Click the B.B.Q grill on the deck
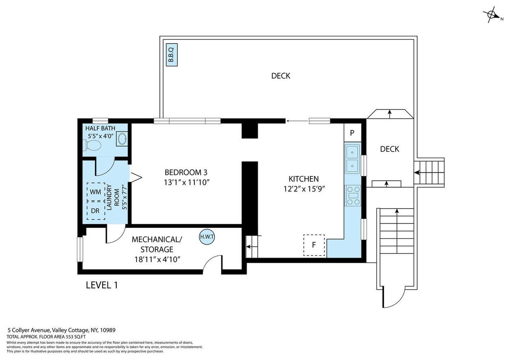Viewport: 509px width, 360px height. [172, 55]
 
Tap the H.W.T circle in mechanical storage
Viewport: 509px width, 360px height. [207, 237]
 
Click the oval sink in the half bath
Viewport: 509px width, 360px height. [122, 139]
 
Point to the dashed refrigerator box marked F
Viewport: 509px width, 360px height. [314, 245]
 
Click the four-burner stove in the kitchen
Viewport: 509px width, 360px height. [353, 195]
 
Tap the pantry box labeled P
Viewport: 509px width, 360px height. [352, 133]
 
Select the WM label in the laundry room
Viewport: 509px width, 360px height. [95, 192]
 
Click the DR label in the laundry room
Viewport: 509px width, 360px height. [95, 211]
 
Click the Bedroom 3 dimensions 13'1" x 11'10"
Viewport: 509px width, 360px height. [186, 182]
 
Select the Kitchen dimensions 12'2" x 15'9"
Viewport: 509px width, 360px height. [304, 189]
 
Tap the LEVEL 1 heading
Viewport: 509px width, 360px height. [102, 285]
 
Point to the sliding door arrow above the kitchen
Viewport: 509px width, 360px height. [297, 121]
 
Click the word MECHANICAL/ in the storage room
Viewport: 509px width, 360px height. [157, 240]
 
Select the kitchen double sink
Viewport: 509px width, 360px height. [352, 159]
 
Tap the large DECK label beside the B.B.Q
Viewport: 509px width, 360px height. [281, 76]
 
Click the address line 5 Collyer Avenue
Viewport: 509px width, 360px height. [61, 330]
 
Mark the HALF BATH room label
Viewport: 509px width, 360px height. [100, 128]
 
